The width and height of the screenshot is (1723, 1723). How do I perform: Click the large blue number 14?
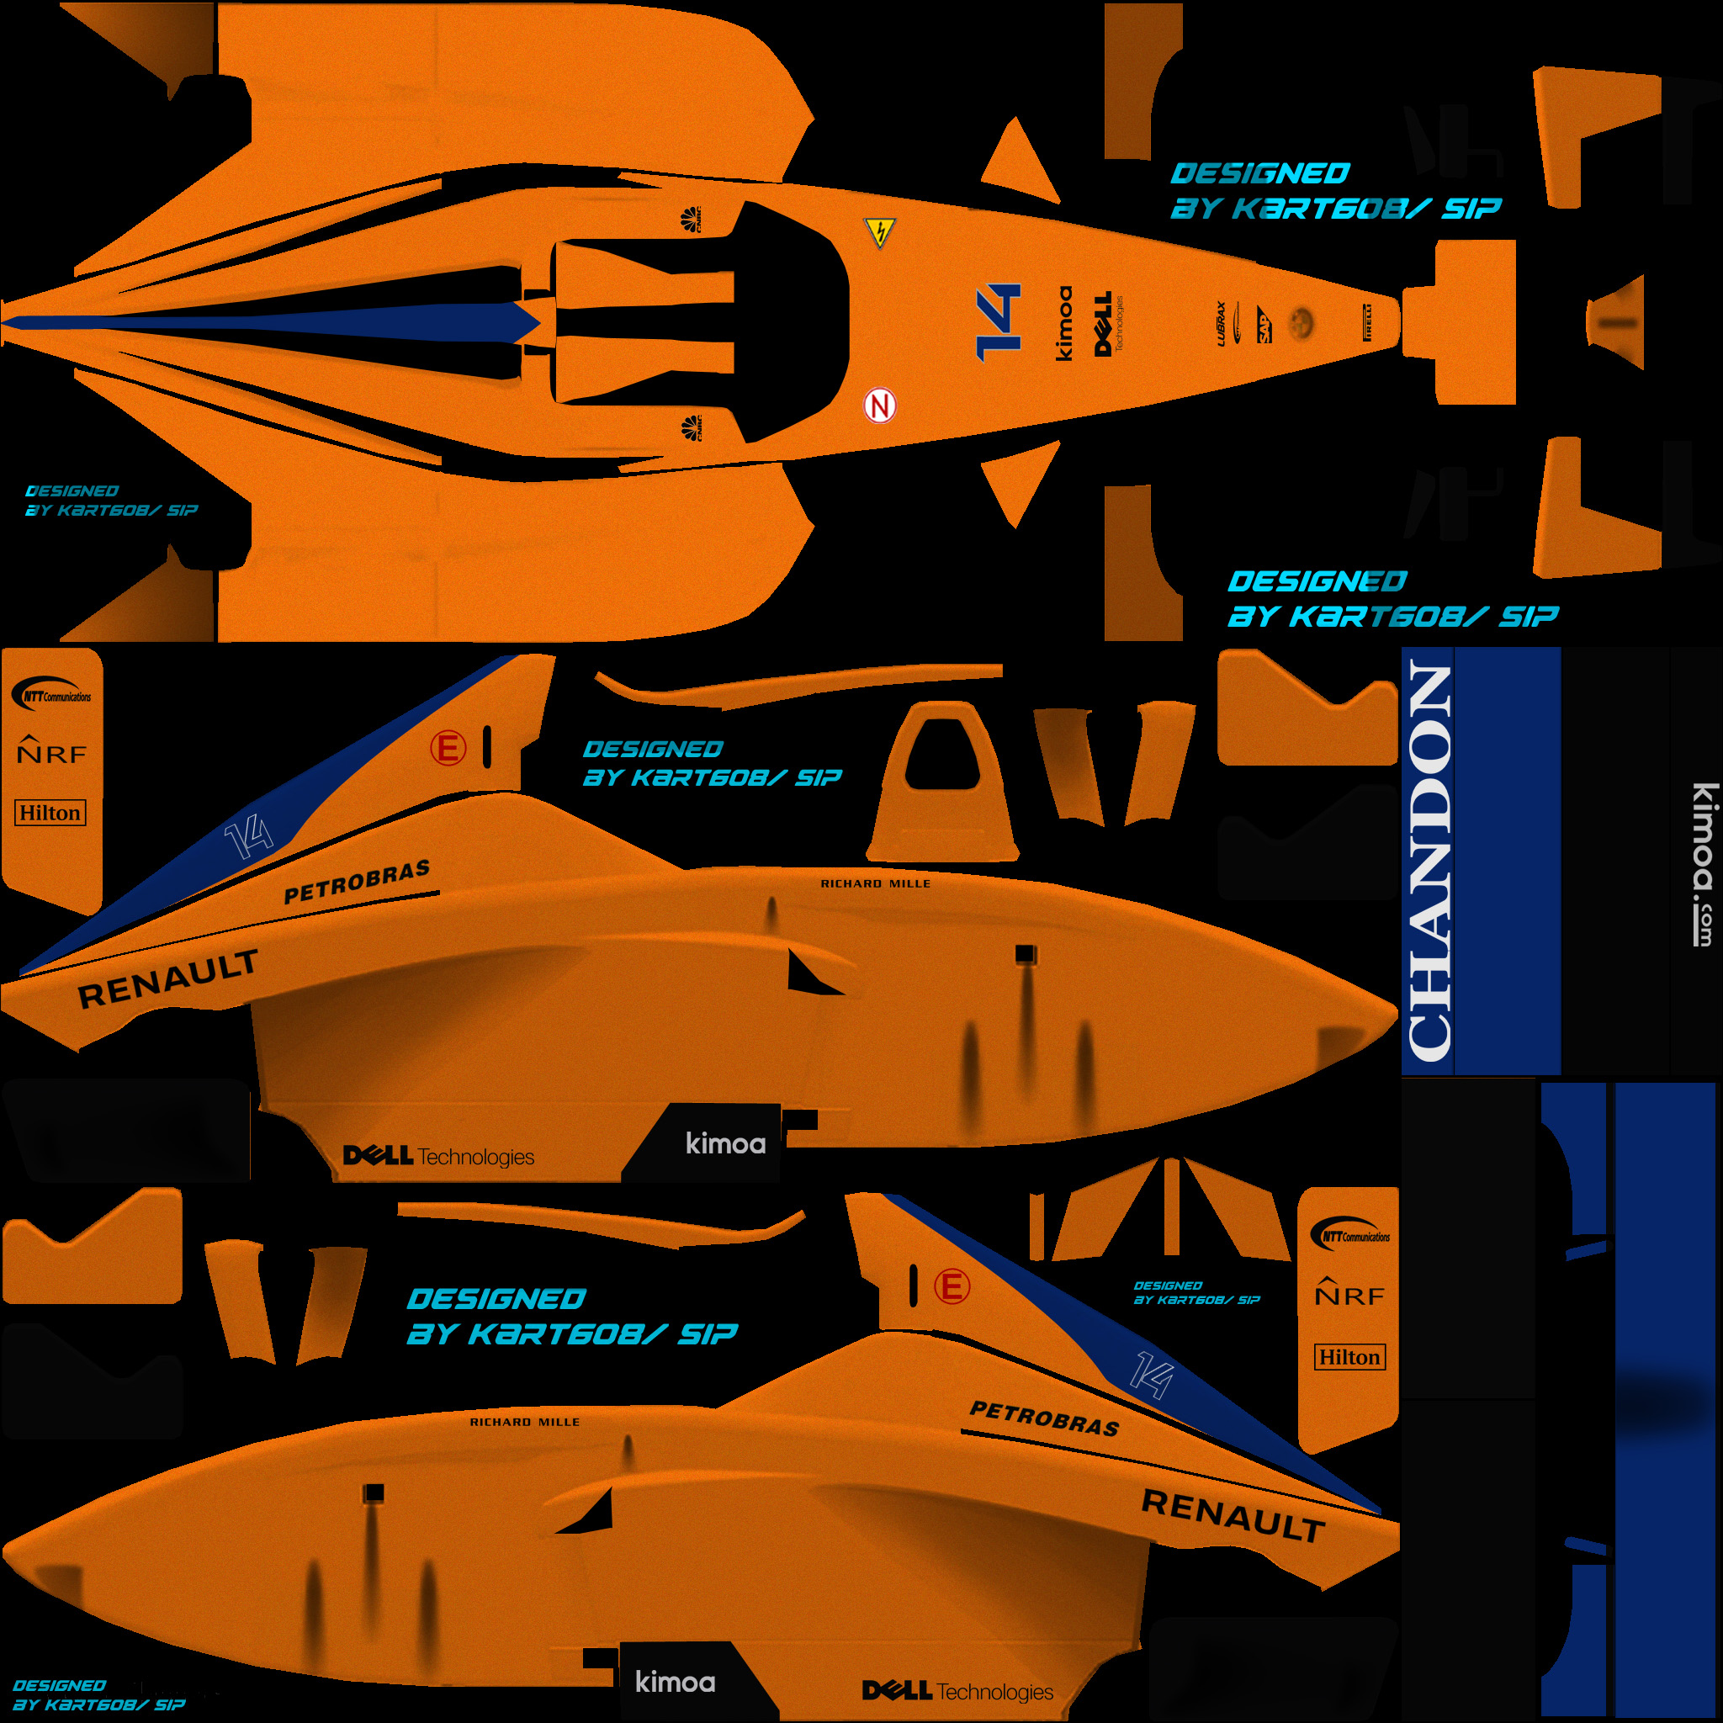click(x=998, y=322)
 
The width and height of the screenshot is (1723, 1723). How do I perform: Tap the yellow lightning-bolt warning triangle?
click(x=880, y=233)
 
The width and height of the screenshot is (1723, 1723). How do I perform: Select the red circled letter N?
click(x=879, y=406)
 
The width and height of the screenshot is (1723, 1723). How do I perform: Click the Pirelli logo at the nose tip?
click(x=1367, y=322)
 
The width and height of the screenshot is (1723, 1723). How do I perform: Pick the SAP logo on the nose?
click(x=1264, y=325)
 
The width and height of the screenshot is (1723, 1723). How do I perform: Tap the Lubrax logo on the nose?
click(x=1221, y=323)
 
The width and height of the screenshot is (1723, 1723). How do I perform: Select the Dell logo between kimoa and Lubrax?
click(x=1104, y=323)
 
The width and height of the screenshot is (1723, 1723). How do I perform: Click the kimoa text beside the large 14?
click(x=1064, y=323)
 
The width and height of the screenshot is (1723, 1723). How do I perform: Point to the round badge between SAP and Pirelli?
click(x=1303, y=321)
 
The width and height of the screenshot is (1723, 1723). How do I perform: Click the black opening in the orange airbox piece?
click(x=941, y=755)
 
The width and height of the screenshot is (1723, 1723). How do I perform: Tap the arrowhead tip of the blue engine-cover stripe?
click(x=533, y=322)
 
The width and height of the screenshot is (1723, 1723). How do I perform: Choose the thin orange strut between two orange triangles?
click(x=1171, y=1206)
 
